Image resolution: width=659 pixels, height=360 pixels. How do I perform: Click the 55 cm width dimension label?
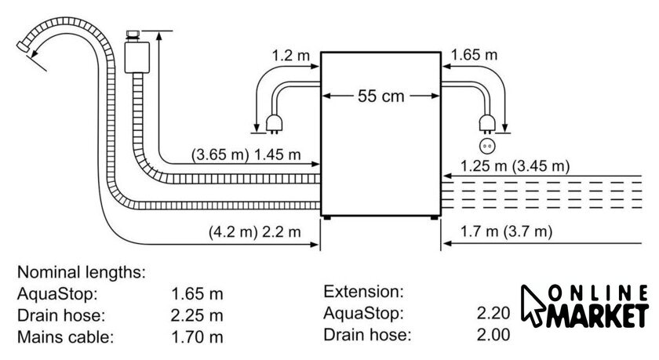click(380, 96)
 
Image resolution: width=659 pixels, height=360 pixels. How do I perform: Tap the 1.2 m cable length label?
click(290, 55)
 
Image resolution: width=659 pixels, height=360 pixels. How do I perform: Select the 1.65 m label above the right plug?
click(474, 55)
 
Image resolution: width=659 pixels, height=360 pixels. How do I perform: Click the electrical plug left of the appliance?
click(274, 125)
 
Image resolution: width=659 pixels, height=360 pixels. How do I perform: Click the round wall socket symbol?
click(487, 146)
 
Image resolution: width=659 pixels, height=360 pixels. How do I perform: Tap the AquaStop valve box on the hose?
click(137, 56)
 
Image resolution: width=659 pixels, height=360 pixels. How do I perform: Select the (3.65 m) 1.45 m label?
click(246, 155)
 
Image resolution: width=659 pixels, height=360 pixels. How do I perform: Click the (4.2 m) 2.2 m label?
click(255, 232)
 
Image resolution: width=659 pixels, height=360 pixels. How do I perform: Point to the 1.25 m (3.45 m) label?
click(515, 166)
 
